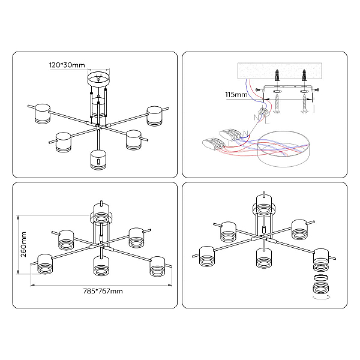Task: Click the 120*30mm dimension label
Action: click(67, 65)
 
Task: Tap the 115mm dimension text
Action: click(236, 95)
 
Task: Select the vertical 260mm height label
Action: click(23, 244)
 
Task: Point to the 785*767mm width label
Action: click(103, 291)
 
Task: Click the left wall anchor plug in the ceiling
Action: click(277, 75)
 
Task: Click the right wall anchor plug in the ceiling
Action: click(304, 75)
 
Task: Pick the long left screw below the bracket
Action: click(277, 103)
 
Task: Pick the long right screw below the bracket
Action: click(304, 103)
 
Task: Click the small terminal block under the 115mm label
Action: click(264, 112)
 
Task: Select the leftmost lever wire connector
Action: click(212, 143)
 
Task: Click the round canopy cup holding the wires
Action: click(284, 149)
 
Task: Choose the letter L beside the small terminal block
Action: click(267, 121)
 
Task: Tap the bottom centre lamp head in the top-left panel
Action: click(98, 160)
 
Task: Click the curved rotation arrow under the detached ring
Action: click(322, 298)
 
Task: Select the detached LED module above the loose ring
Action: click(321, 278)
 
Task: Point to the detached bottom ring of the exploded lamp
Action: click(321, 288)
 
